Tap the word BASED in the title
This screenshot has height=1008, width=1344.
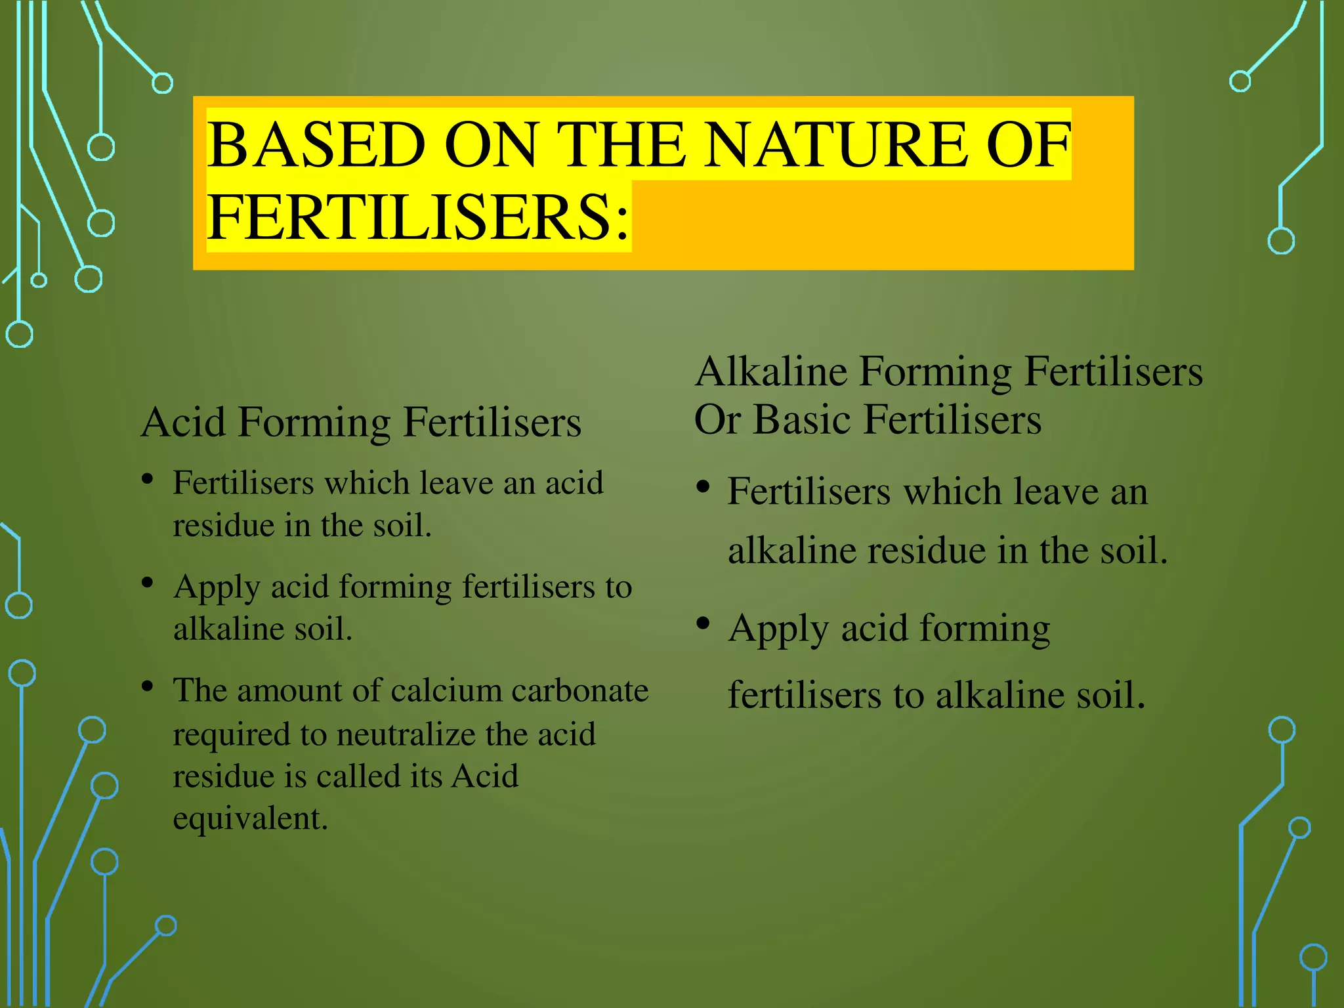[316, 146]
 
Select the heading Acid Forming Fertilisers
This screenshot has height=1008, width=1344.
[361, 422]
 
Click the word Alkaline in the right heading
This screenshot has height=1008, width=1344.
[770, 371]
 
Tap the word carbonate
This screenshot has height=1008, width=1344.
[579, 691]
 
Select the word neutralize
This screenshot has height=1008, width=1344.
[406, 734]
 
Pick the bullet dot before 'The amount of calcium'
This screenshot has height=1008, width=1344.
[148, 687]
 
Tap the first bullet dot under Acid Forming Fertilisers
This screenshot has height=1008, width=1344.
[148, 480]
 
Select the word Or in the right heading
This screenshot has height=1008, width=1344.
[717, 419]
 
